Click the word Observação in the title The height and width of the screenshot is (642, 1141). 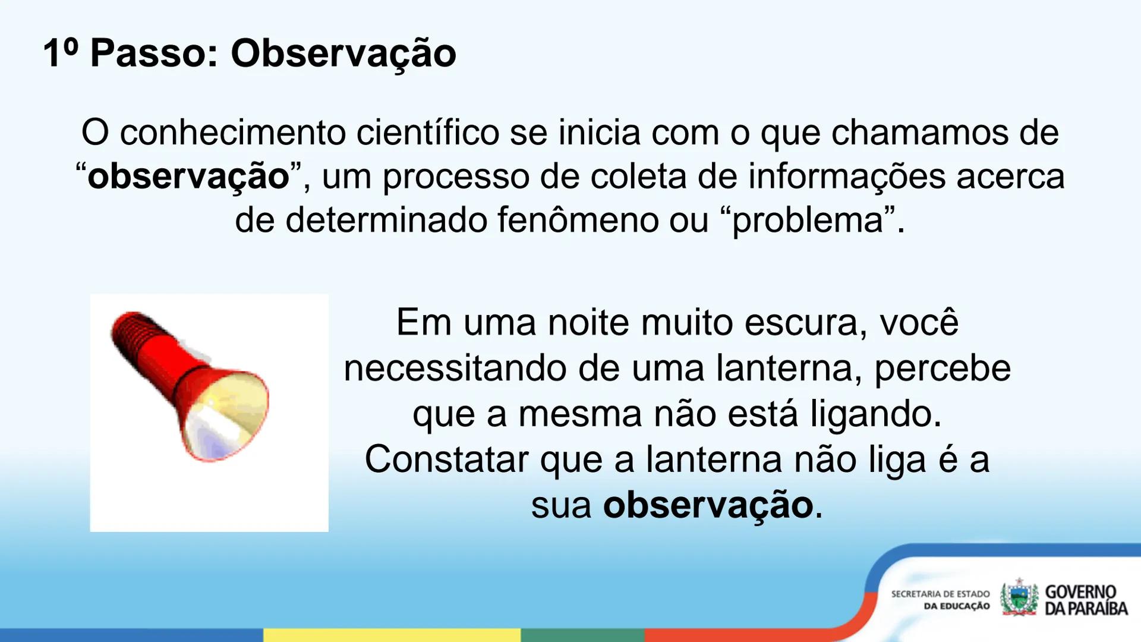click(x=343, y=53)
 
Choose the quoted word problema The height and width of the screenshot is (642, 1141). click(x=808, y=220)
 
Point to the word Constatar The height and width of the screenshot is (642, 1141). click(x=446, y=460)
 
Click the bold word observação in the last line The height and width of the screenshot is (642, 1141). click(x=708, y=505)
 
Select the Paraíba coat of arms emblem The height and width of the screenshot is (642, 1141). click(x=1019, y=598)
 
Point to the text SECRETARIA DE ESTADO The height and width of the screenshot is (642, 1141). click(x=940, y=594)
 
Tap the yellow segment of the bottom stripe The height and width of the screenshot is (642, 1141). click(x=392, y=635)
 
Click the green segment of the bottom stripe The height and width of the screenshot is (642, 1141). click(x=582, y=635)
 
